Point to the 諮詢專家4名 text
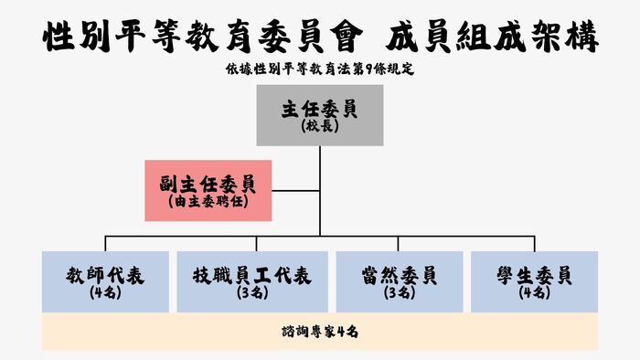[319, 332]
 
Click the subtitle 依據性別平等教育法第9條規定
[319, 69]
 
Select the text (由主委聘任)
[208, 199]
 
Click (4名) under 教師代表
[105, 293]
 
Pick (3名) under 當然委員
[399, 293]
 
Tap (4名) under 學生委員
[535, 293]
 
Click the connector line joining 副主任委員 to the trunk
[296, 190]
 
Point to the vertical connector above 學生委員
[535, 243]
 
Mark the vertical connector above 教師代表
[105, 243]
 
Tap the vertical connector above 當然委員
[399, 243]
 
